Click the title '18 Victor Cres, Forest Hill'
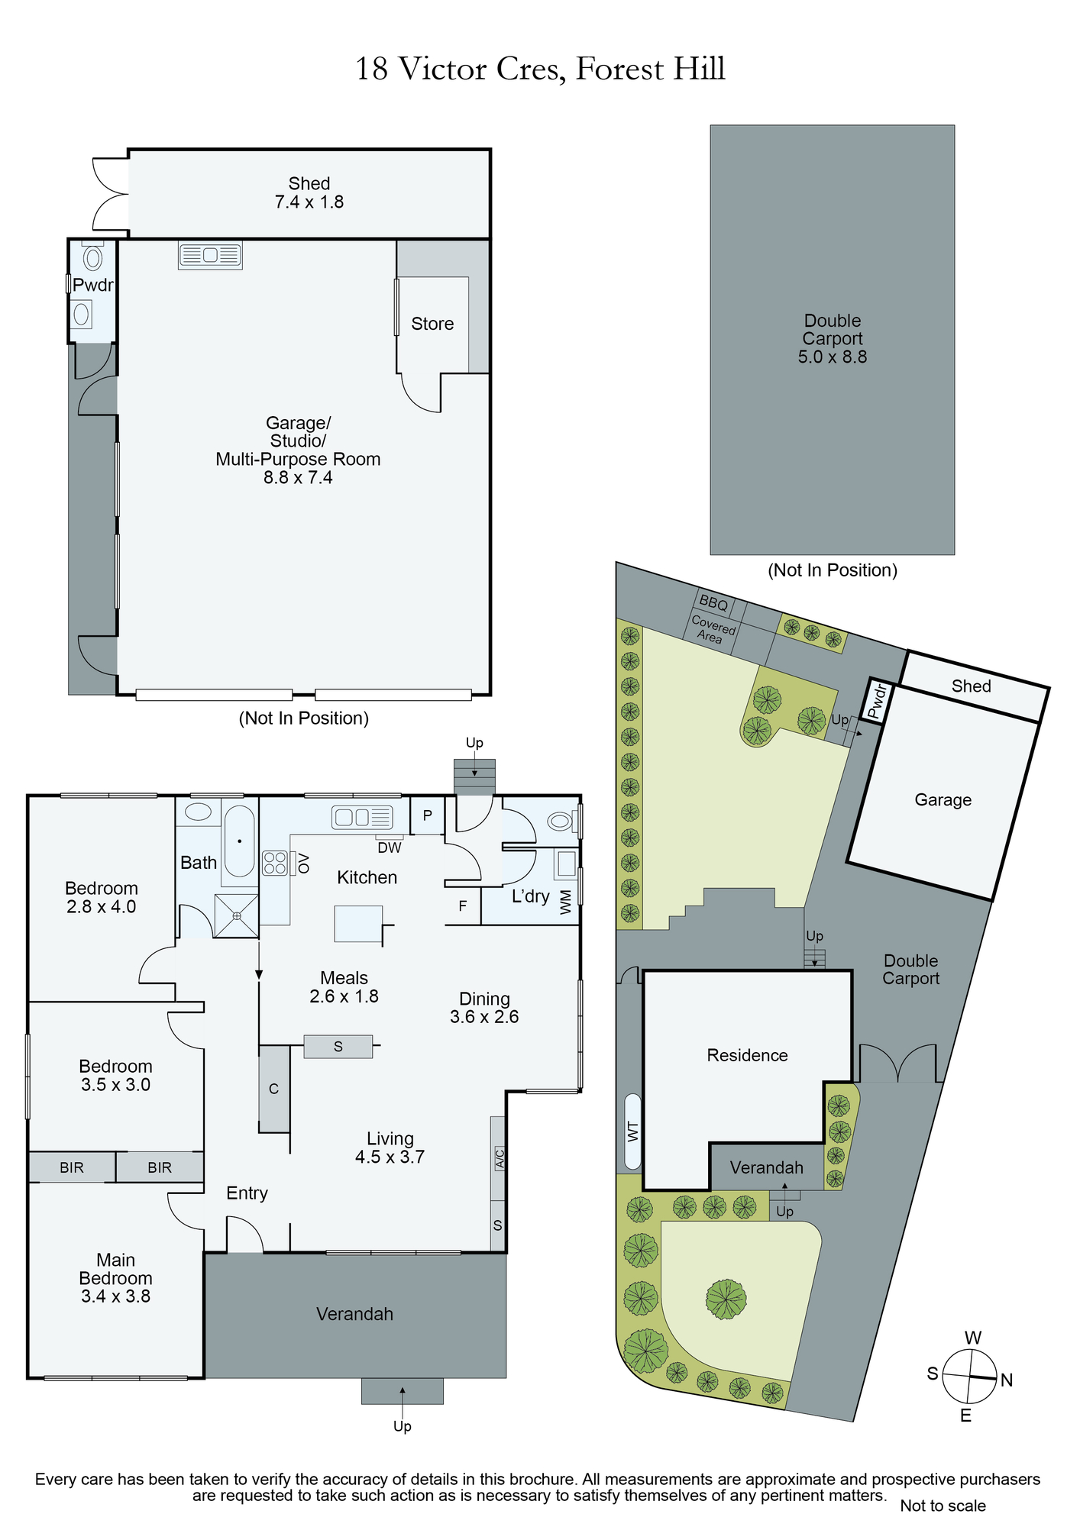pyautogui.click(x=540, y=69)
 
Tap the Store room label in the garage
pyautogui.click(x=432, y=324)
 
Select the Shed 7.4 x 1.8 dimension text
pyautogui.click(x=309, y=202)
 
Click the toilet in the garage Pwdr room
pyautogui.click(x=92, y=257)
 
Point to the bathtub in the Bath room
pyautogui.click(x=239, y=841)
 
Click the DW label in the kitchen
pyautogui.click(x=390, y=847)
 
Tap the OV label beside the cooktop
pyautogui.click(x=303, y=864)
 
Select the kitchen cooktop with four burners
pyautogui.click(x=275, y=863)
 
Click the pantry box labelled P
pyautogui.click(x=428, y=815)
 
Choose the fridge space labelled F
pyautogui.click(x=463, y=906)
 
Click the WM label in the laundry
pyautogui.click(x=565, y=902)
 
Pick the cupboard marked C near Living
pyautogui.click(x=274, y=1089)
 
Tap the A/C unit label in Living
pyautogui.click(x=499, y=1158)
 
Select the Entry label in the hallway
pyautogui.click(x=247, y=1193)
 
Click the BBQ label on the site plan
pyautogui.click(x=714, y=602)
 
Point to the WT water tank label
pyautogui.click(x=632, y=1131)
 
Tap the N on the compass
pyautogui.click(x=1007, y=1380)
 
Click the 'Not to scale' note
pyautogui.click(x=943, y=1506)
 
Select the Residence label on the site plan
pyautogui.click(x=747, y=1055)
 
